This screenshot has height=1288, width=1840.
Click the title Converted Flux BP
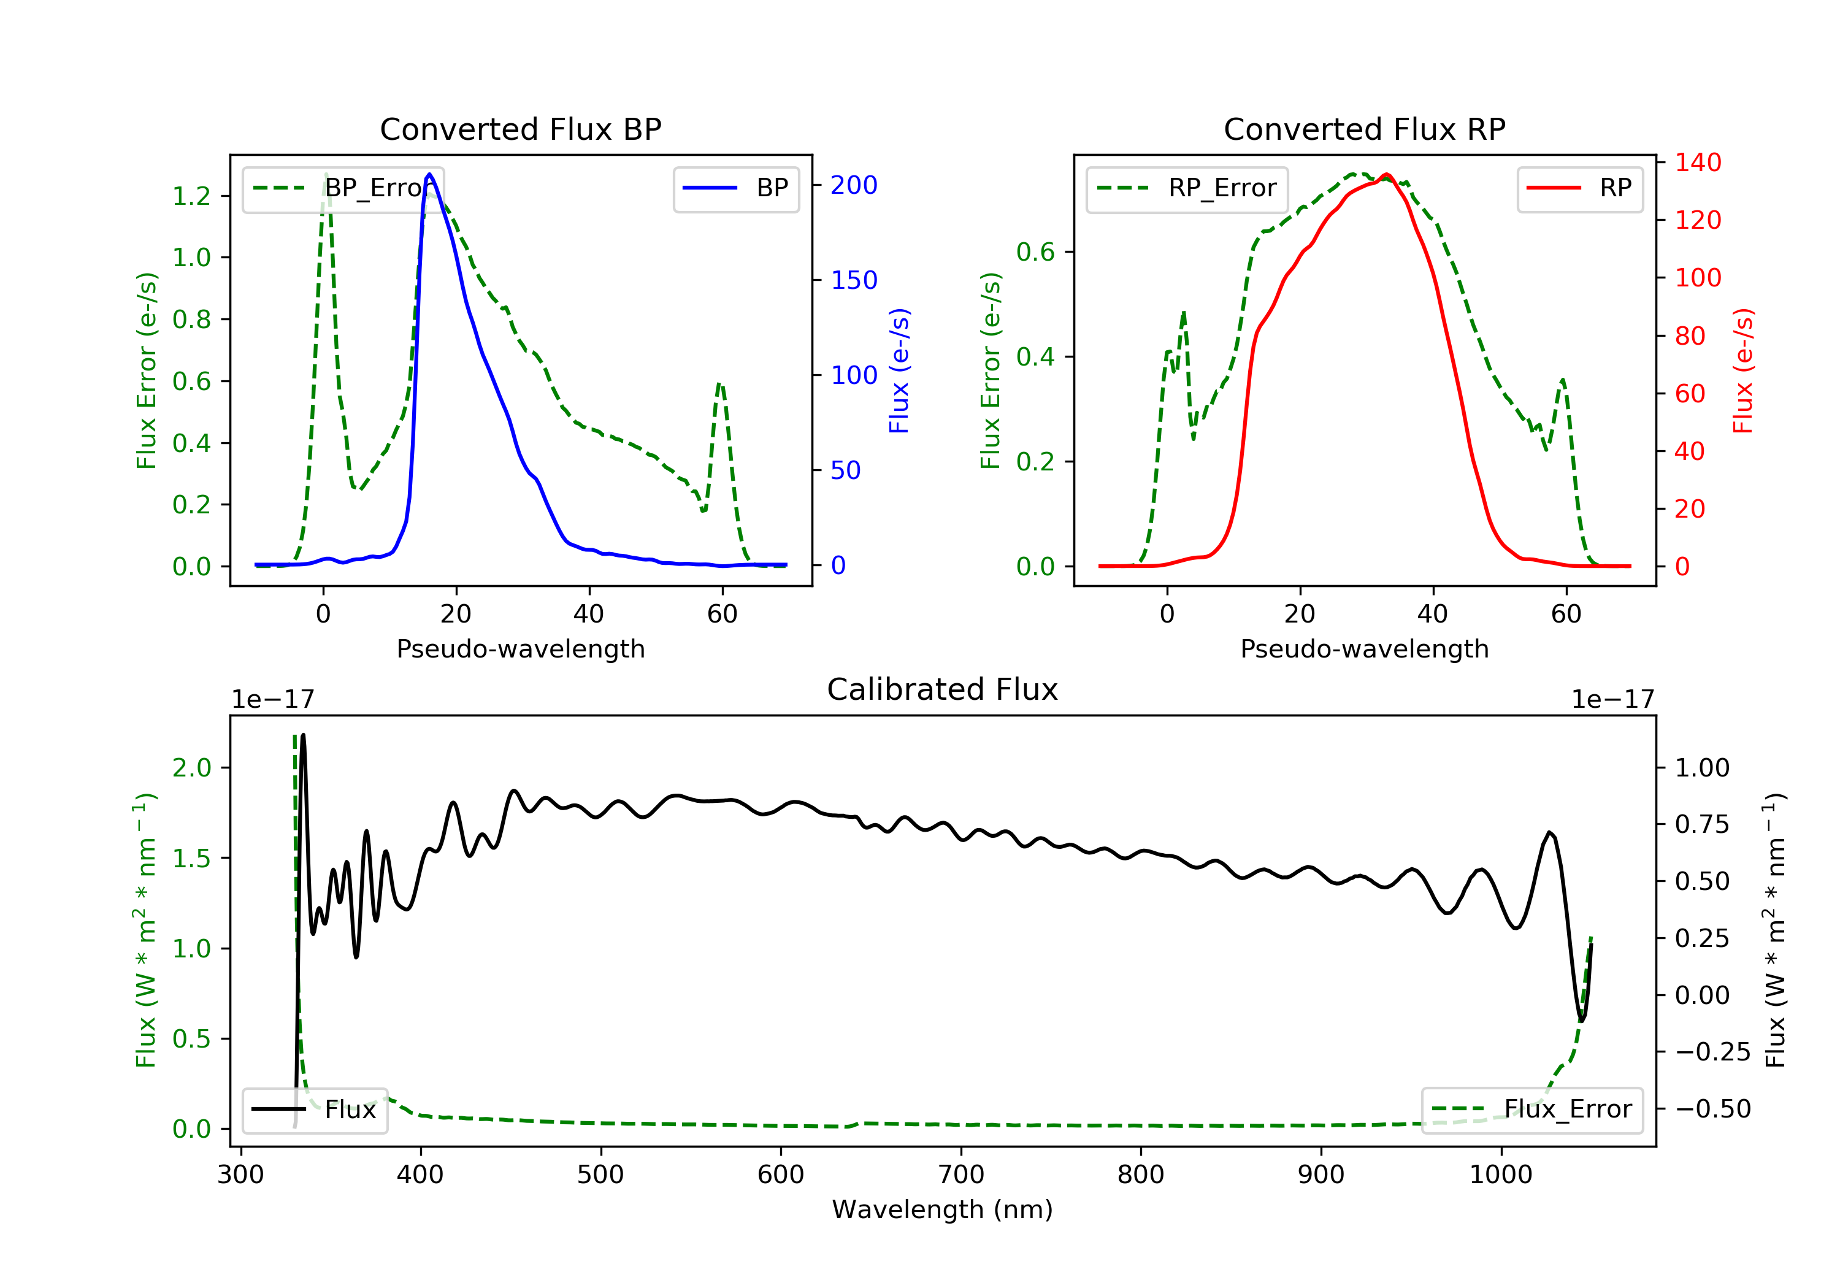[x=520, y=129]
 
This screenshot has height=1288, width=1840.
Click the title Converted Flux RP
[x=1364, y=129]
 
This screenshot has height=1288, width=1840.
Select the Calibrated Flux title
[x=943, y=689]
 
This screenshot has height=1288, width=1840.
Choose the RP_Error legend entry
[x=1186, y=188]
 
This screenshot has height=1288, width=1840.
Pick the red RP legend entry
[x=1579, y=188]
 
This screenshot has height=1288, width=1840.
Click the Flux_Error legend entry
[x=1531, y=1110]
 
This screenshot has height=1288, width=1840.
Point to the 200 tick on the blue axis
[x=854, y=185]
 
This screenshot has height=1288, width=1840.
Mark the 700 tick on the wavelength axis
[x=961, y=1174]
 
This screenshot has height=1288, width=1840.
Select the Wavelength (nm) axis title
[x=943, y=1209]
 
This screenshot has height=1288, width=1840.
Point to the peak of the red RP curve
[x=1386, y=174]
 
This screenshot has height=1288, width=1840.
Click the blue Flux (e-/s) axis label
[x=899, y=370]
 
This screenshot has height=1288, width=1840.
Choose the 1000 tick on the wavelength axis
[x=1501, y=1174]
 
